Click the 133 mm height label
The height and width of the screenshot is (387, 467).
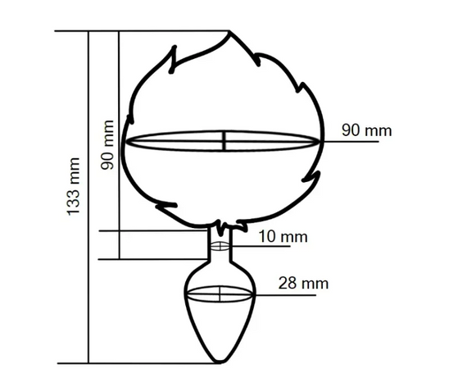74,186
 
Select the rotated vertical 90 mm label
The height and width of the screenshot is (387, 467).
107,145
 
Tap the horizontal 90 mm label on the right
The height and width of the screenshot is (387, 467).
366,130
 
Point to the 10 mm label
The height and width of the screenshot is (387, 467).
283,237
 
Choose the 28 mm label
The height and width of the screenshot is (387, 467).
303,283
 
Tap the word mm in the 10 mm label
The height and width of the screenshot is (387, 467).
295,238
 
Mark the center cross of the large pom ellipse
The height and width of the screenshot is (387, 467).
224,141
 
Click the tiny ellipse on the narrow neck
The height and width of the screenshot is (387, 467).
220,246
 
